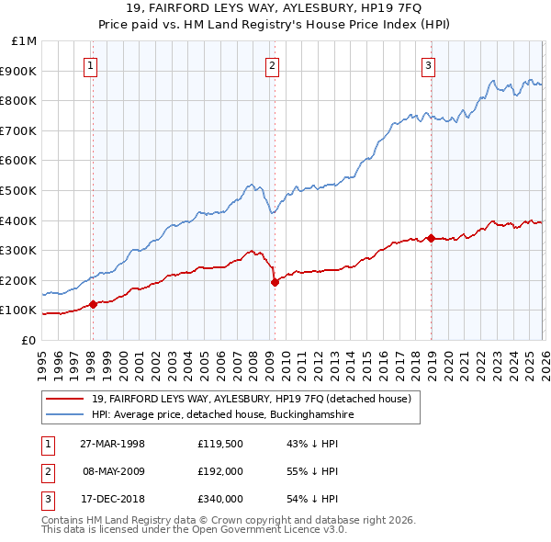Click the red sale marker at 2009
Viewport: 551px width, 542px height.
[275, 283]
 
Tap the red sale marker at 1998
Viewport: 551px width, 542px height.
[93, 304]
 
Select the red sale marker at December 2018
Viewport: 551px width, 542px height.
[431, 238]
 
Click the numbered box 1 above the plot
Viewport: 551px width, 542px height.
[93, 64]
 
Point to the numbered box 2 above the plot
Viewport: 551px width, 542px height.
[274, 64]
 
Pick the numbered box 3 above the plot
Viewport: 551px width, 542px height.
[429, 64]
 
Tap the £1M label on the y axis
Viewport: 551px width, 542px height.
[25, 40]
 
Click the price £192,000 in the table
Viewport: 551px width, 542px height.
[220, 471]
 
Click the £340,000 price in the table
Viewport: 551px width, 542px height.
[220, 499]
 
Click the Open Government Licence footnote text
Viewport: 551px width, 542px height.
[194, 530]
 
